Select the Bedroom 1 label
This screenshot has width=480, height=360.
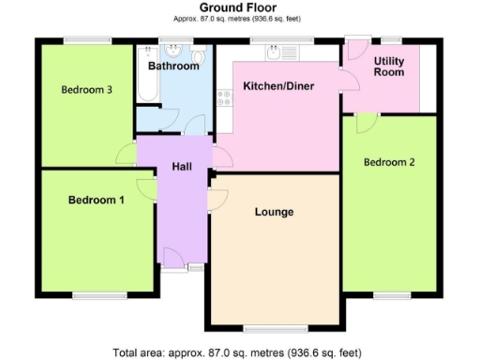pyautogui.click(x=96, y=200)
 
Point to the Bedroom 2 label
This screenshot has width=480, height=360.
pyautogui.click(x=389, y=161)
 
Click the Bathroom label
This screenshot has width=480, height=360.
pyautogui.click(x=173, y=67)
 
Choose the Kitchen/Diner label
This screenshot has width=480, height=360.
pyautogui.click(x=277, y=86)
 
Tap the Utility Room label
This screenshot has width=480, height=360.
pyautogui.click(x=388, y=67)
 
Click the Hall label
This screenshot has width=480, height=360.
pyautogui.click(x=182, y=166)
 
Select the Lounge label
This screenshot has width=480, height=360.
pyautogui.click(x=274, y=212)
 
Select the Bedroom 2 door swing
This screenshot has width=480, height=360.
pyautogui.click(x=366, y=122)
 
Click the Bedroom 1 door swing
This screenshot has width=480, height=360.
pyautogui.click(x=146, y=189)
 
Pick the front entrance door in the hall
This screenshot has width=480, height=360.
pyautogui.click(x=173, y=258)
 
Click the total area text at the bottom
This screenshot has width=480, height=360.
pyautogui.click(x=237, y=352)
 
